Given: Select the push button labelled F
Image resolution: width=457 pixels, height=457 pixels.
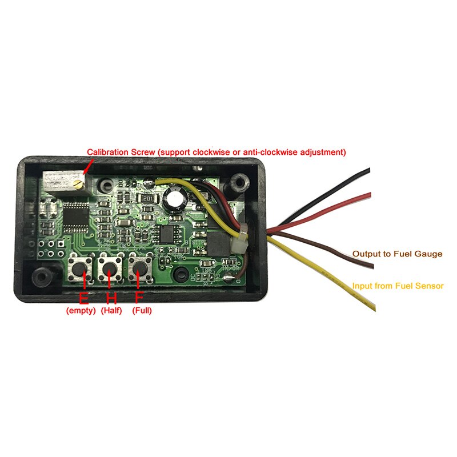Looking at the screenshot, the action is [x=139, y=267].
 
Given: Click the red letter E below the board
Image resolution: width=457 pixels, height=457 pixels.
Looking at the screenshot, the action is [x=83, y=298].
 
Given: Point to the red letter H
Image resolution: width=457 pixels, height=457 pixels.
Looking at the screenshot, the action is [x=111, y=298].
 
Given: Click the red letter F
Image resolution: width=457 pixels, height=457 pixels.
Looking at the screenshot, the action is [x=139, y=298].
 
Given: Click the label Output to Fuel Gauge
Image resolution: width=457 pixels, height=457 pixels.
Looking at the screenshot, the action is [x=397, y=254].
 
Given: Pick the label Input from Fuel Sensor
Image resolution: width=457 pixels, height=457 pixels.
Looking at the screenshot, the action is [x=398, y=286].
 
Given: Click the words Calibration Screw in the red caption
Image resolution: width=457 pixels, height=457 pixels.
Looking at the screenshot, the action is [x=121, y=153].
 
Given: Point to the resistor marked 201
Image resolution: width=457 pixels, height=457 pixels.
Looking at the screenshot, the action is [x=148, y=198].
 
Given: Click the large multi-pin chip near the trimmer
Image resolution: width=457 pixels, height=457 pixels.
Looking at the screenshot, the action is [x=74, y=218].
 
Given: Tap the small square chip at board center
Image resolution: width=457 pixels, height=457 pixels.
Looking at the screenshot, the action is [x=167, y=232].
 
